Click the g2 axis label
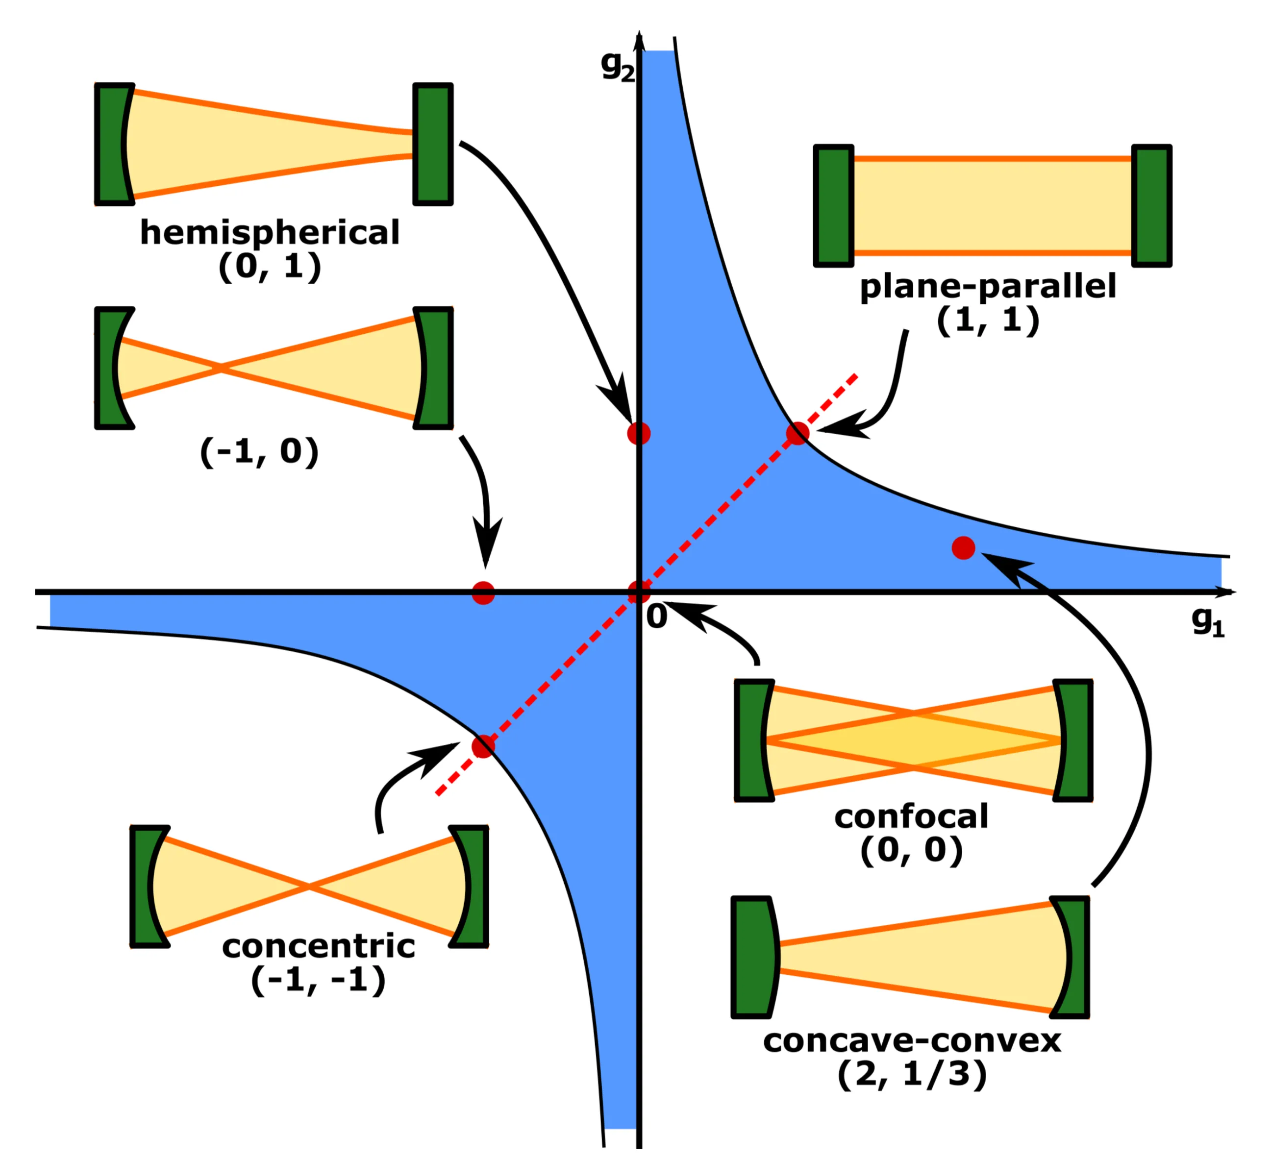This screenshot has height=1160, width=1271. (x=617, y=66)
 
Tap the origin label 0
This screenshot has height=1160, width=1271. (x=657, y=616)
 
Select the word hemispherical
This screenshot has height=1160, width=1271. (x=270, y=233)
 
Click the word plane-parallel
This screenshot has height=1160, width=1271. (x=987, y=287)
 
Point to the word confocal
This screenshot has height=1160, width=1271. (x=911, y=817)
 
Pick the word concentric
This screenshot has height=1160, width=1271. (x=319, y=946)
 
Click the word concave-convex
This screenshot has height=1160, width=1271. (x=912, y=1041)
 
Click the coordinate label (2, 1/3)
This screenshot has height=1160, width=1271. (x=912, y=1075)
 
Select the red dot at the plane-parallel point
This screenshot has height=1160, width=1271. (x=797, y=434)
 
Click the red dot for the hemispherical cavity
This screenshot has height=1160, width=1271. (x=639, y=434)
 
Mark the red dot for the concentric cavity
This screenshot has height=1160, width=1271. (x=483, y=746)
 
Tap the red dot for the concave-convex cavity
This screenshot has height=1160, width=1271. (x=963, y=548)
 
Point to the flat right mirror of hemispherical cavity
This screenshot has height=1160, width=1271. (x=433, y=144)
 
